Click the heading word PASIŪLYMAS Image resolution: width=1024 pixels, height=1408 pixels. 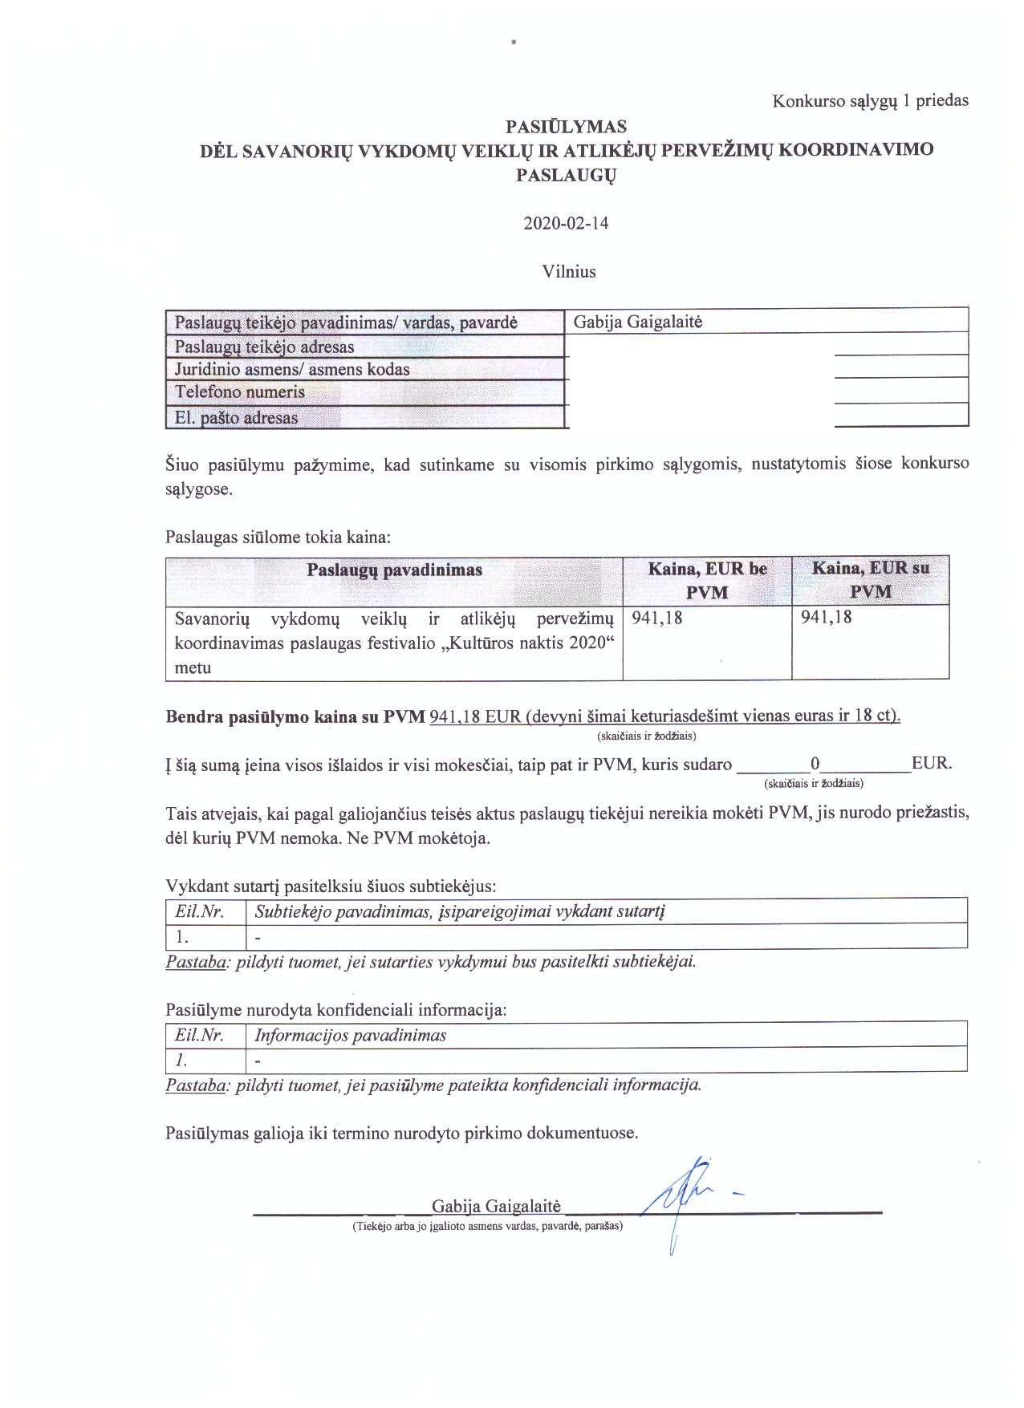[566, 127]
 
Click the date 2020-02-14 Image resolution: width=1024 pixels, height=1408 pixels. [566, 223]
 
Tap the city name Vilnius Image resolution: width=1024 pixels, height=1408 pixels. [568, 271]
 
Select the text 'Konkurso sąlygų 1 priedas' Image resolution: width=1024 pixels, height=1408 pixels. [870, 101]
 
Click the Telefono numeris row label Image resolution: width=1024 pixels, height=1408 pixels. [240, 392]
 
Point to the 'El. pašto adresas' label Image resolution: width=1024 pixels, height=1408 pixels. [236, 418]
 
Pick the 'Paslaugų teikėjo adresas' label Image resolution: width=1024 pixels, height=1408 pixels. [264, 347]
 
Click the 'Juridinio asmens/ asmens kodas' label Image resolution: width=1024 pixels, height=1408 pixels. [292, 370]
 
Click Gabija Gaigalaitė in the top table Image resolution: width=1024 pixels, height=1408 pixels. [637, 323]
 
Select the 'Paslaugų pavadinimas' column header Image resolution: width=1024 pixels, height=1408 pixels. [394, 570]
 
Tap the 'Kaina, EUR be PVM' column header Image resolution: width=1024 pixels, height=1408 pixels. [707, 580]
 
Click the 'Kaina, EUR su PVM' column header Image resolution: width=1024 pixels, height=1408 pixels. [870, 579]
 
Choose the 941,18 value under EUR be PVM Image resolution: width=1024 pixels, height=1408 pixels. [657, 618]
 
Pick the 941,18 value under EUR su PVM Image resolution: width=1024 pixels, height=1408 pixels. [827, 617]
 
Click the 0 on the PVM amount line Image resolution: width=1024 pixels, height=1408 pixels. [815, 764]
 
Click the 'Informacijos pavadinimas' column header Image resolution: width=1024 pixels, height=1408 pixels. [350, 1035]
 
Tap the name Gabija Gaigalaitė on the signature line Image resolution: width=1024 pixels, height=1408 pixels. [496, 1206]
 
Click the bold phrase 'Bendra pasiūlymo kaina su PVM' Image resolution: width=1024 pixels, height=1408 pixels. [295, 717]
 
